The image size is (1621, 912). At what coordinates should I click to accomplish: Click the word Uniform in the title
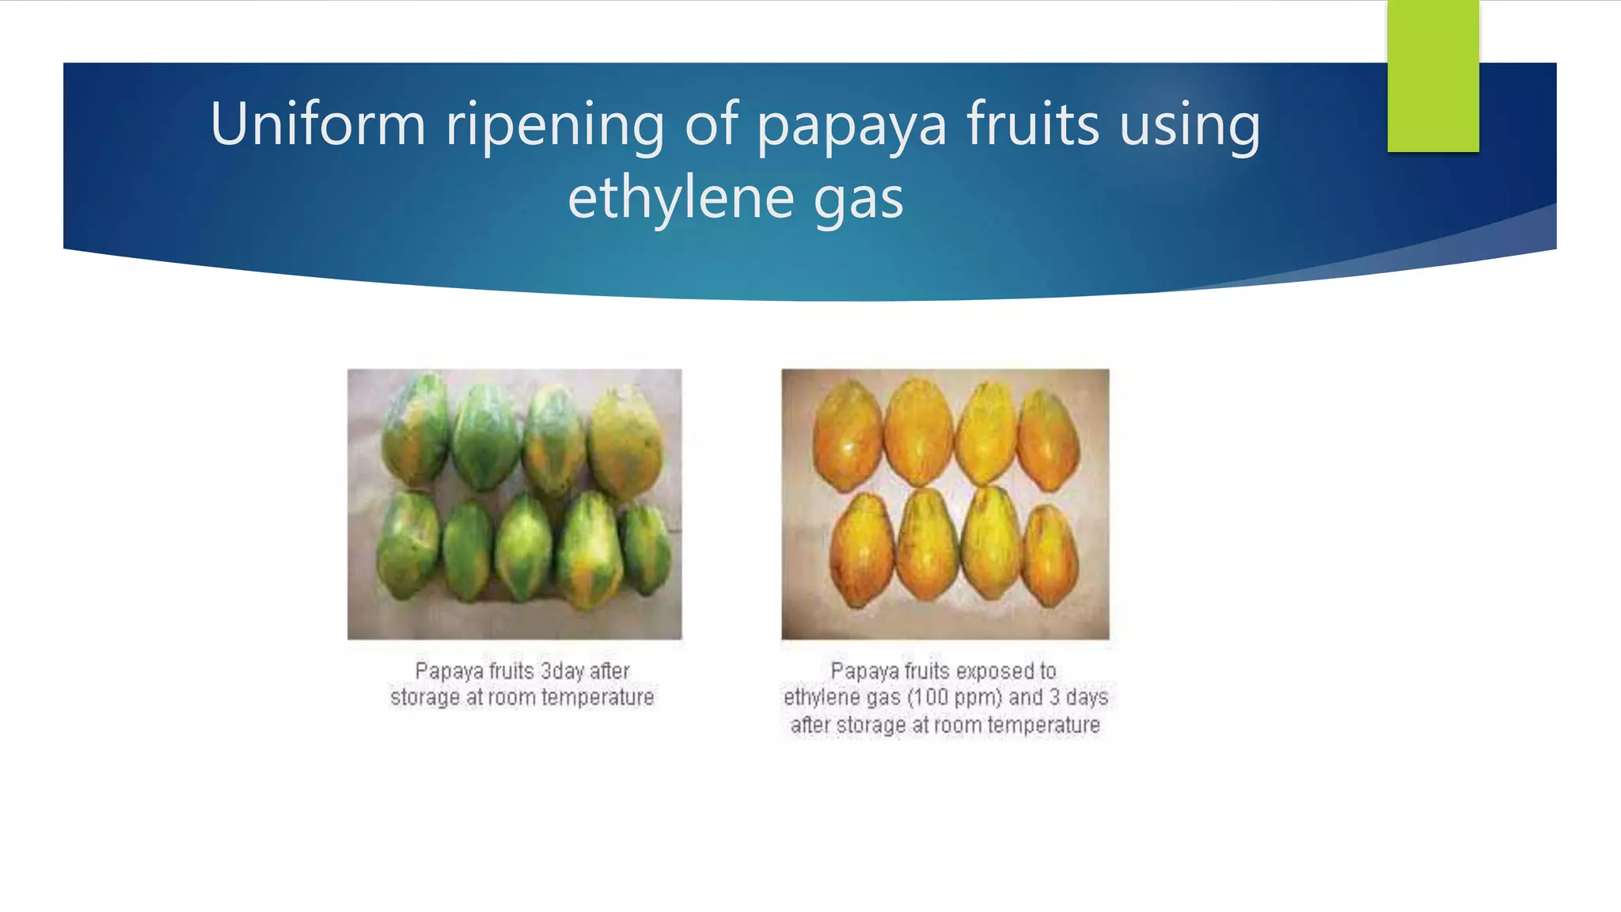[317, 125]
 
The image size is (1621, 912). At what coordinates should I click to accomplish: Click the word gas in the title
[858, 199]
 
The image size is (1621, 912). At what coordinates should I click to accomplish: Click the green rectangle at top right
[1433, 76]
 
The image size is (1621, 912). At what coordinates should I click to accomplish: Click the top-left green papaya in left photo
[415, 431]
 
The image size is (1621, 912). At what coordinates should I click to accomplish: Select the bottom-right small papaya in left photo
[645, 550]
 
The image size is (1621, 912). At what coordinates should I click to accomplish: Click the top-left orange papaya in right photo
[847, 435]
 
